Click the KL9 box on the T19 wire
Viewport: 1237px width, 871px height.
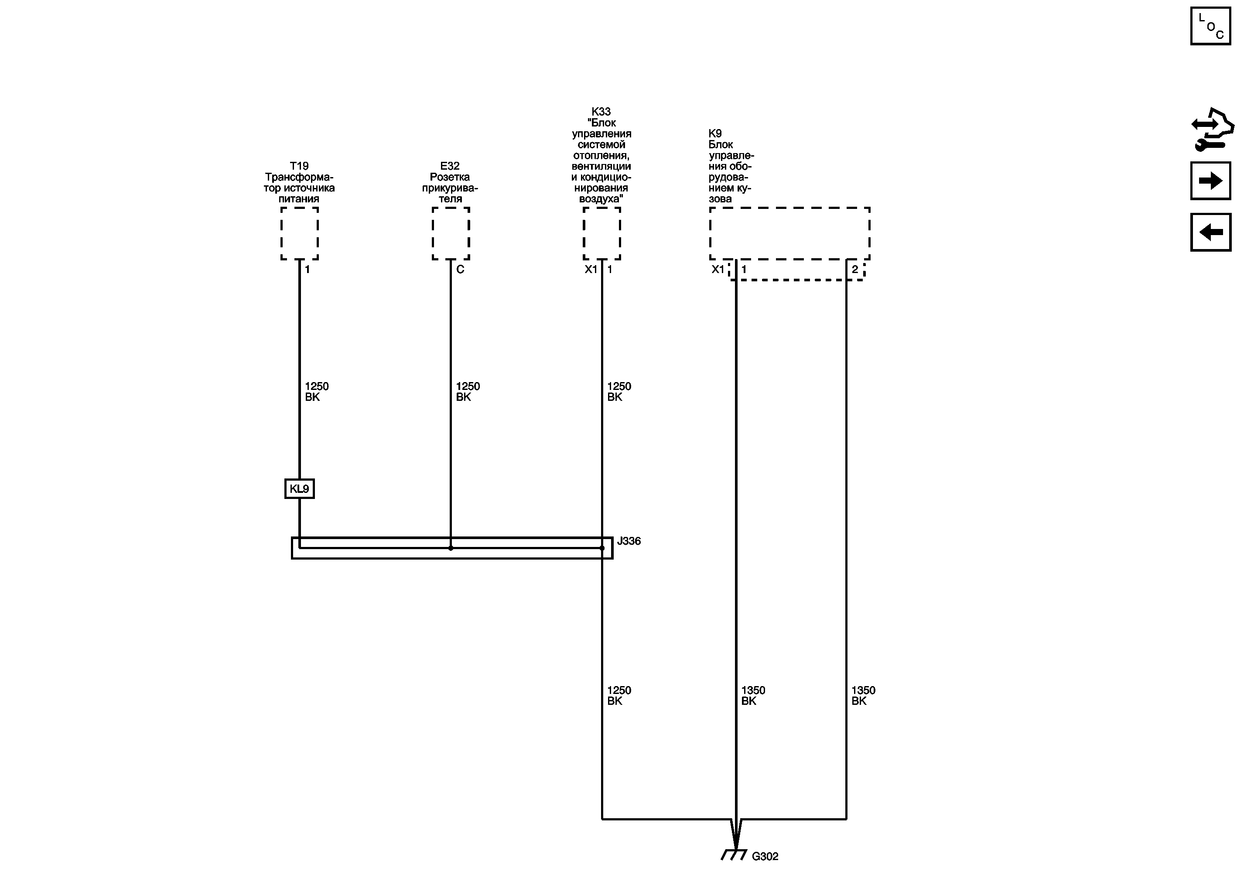pos(300,488)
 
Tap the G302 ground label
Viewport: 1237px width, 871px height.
pos(765,857)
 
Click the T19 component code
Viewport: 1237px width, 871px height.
pos(299,166)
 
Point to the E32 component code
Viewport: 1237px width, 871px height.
pos(450,166)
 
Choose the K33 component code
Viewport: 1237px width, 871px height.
pos(601,112)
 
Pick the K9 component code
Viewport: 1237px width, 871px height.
pos(715,133)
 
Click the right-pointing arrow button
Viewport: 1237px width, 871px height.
pos(1210,181)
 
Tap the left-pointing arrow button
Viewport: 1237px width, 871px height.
pos(1210,232)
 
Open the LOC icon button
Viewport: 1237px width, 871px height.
pos(1210,26)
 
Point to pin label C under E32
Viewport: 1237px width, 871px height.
pos(460,270)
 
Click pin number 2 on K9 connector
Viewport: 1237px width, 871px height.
pos(854,270)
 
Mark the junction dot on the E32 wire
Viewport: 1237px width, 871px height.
pos(451,548)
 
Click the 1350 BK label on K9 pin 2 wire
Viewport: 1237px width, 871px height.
pos(863,695)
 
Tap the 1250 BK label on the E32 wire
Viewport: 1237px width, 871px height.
pos(468,392)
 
